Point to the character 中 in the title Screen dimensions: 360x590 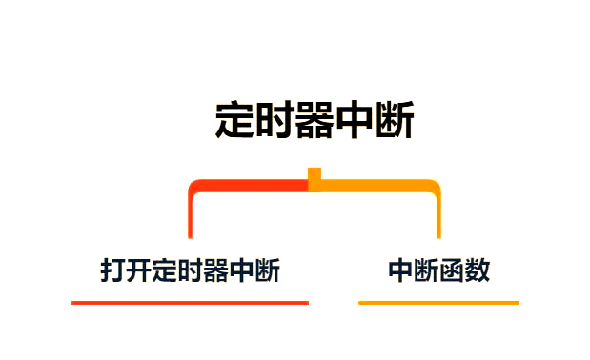tap(355, 122)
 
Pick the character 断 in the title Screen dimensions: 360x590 tap(395, 122)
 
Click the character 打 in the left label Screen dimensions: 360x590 tap(113, 270)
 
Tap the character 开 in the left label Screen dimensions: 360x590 tap(139, 270)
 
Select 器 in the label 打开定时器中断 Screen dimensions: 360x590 tap(216, 270)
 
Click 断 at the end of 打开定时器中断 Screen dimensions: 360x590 tap(268, 270)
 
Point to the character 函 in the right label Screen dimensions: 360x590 tap(451, 270)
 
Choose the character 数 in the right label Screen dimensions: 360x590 tap(477, 270)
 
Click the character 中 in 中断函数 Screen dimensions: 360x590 tap(400, 270)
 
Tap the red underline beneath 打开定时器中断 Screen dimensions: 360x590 tap(190, 303)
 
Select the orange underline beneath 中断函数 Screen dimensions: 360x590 tap(438, 303)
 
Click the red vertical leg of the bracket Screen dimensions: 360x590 tap(191, 215)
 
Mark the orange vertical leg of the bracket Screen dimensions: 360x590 tap(438, 215)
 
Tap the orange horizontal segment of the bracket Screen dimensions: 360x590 tap(376, 185)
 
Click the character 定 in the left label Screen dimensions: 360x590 tap(165, 270)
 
